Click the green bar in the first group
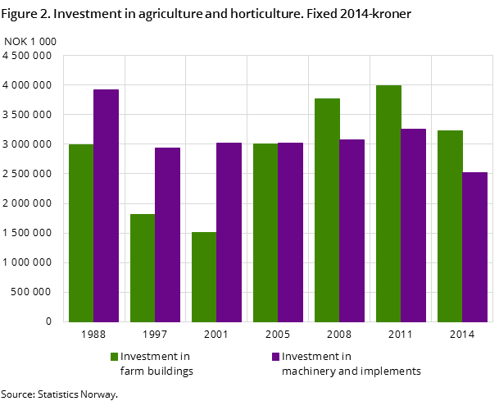tap(81, 233)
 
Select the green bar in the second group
tap(143, 268)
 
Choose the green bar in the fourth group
tap(265, 233)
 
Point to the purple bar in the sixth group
tap(413, 226)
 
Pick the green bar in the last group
tap(450, 226)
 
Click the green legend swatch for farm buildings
tap(115, 357)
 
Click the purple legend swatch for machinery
tap(276, 357)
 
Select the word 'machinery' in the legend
tap(306, 371)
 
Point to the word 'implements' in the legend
tap(391, 371)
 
